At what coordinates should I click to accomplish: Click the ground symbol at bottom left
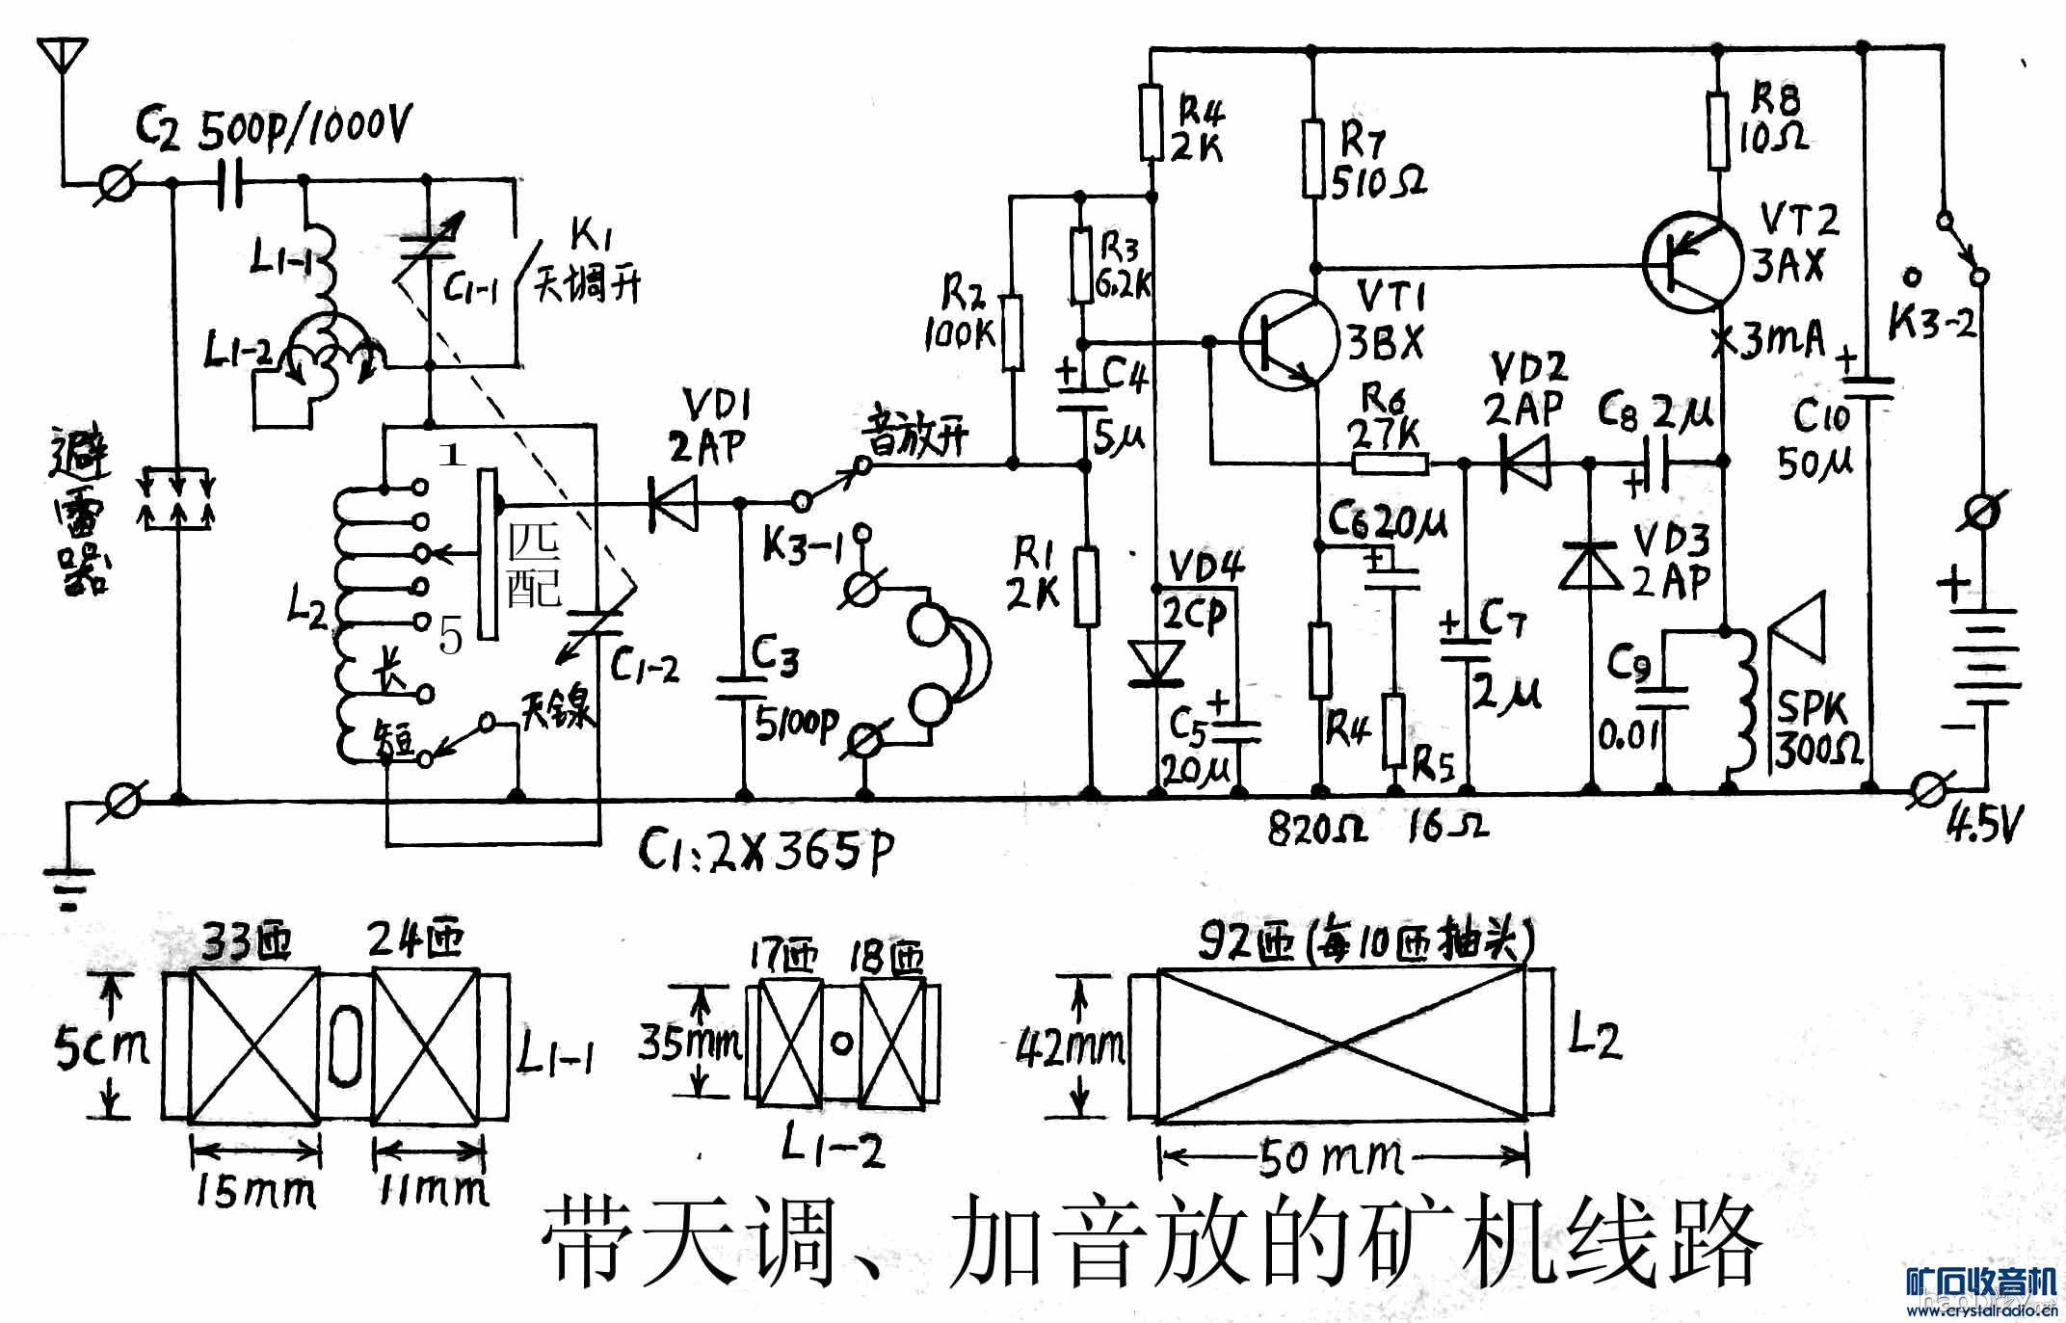coord(68,886)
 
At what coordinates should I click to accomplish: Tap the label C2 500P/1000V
coord(274,128)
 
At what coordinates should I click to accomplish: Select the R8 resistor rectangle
coord(1721,130)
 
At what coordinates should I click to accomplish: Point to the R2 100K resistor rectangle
coord(1012,332)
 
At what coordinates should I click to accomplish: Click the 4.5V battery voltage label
coord(1983,824)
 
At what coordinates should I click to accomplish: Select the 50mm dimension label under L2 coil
coord(1330,1157)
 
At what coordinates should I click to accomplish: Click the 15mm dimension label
coord(255,1193)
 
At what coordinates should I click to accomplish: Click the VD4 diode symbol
coord(1157,663)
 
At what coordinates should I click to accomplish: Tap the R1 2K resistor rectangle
coord(1088,587)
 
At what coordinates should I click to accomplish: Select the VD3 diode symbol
coord(1591,567)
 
